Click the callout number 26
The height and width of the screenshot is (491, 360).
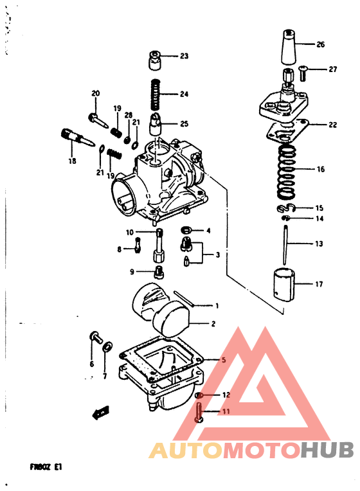[x=320, y=44]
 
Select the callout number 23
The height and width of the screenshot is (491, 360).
[x=184, y=56]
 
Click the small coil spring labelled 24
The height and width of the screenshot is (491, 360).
[x=155, y=93]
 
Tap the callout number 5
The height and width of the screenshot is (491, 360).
[x=224, y=361]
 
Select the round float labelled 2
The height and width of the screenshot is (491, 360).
[x=174, y=319]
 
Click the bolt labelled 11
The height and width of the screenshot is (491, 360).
[x=199, y=413]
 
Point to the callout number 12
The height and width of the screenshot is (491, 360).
[x=226, y=395]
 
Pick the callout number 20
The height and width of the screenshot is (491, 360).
[x=96, y=94]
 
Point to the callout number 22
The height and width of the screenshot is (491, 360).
[x=332, y=125]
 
